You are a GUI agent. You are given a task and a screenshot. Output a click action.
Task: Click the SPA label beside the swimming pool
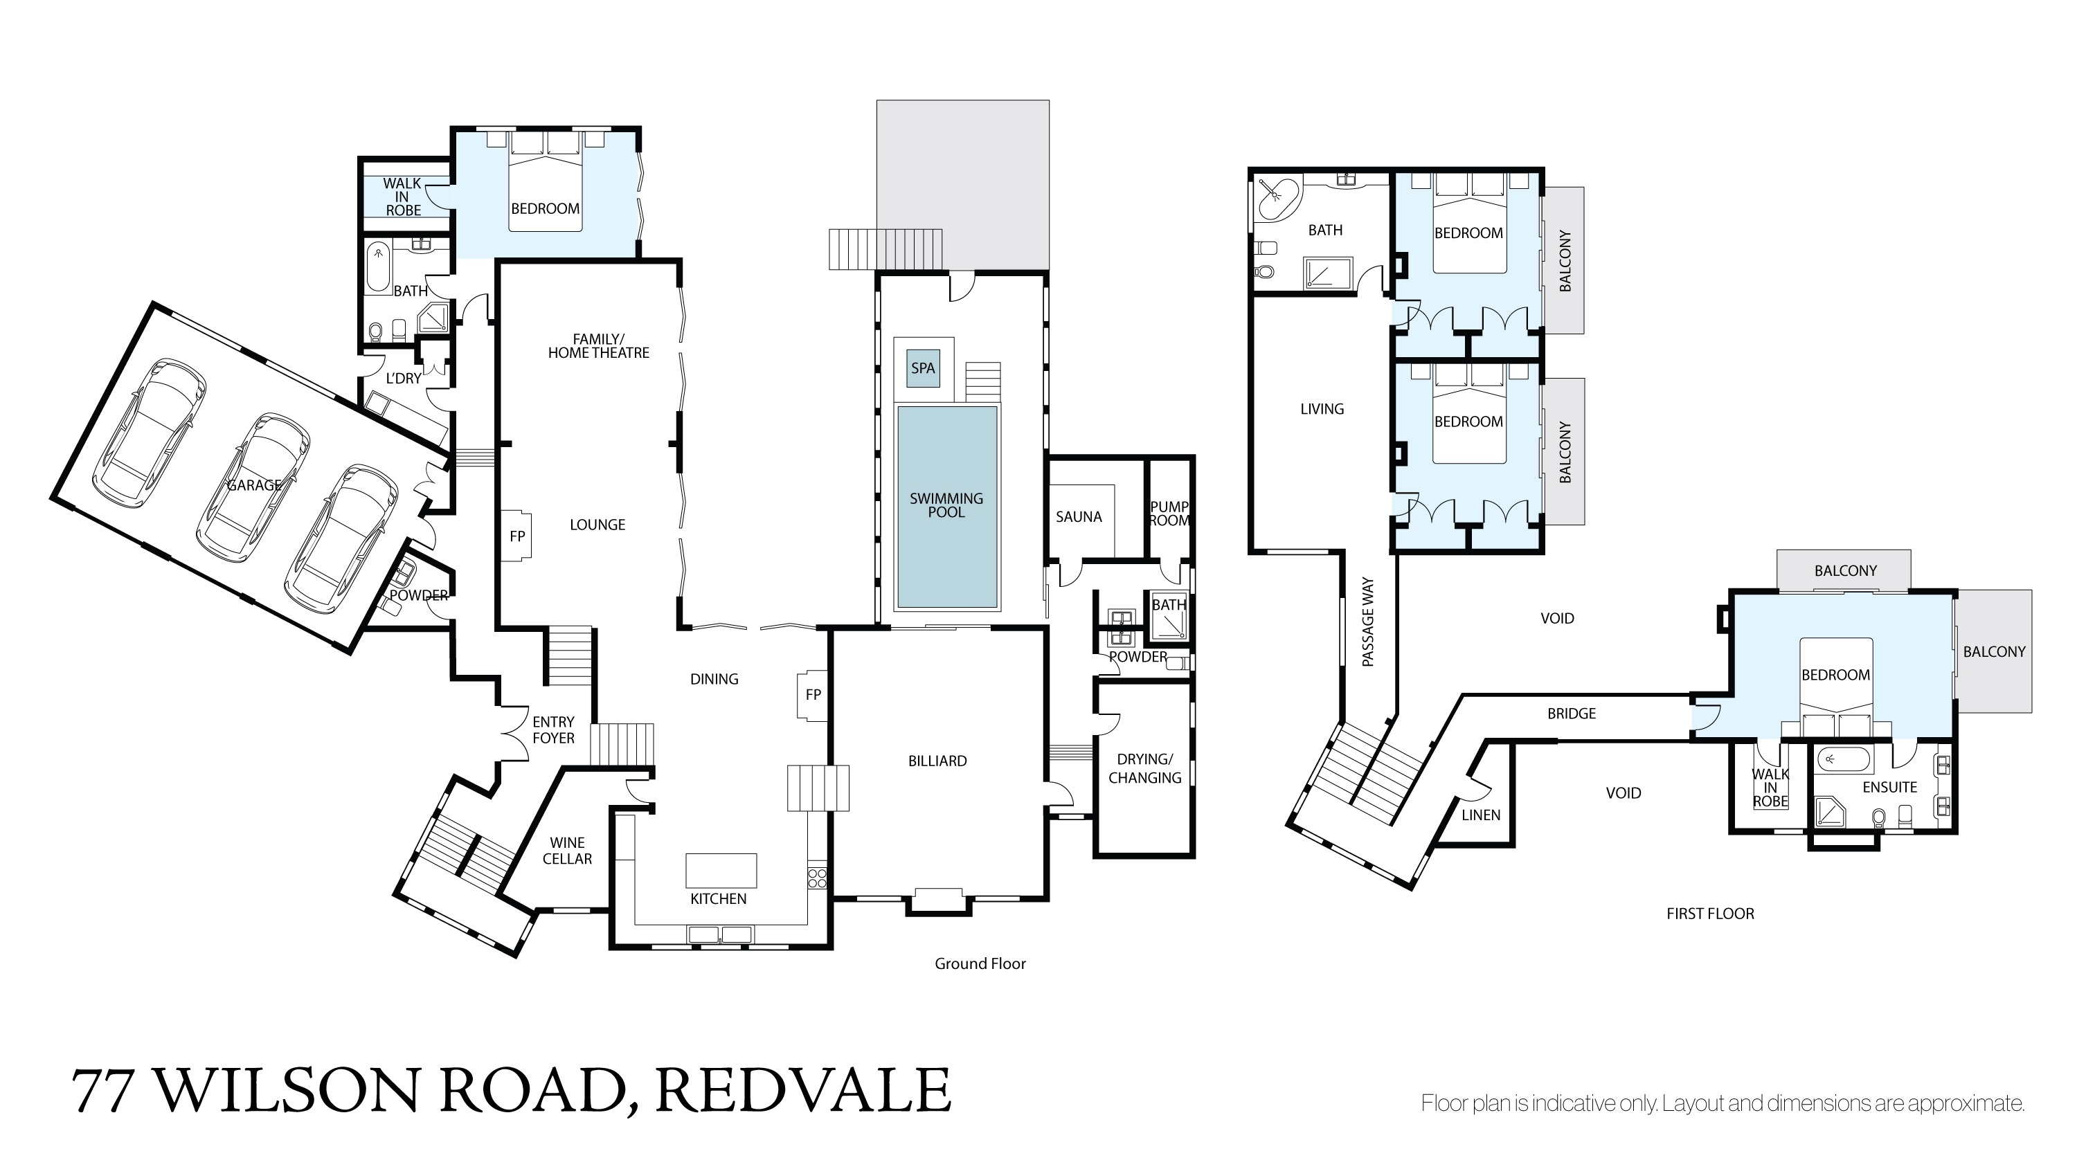point(923,368)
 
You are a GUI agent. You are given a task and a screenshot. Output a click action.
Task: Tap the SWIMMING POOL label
point(946,505)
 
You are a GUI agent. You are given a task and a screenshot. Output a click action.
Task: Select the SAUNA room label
point(1079,517)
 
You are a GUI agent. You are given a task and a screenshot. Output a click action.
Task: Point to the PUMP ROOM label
point(1170,514)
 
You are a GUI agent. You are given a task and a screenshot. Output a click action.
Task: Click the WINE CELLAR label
point(568,851)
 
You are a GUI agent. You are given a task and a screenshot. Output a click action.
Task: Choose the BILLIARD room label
point(937,761)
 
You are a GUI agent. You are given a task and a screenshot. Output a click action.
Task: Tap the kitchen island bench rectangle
point(721,871)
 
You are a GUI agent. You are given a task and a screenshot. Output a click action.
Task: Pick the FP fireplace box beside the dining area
point(813,695)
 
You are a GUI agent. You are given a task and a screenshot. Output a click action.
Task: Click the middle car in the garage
point(254,488)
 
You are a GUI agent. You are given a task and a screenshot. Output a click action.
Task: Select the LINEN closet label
point(1481,815)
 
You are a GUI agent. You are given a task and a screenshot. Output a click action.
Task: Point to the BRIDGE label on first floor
point(1572,714)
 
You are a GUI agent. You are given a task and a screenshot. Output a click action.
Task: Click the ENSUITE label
point(1890,787)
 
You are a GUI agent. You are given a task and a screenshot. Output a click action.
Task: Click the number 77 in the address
point(102,1091)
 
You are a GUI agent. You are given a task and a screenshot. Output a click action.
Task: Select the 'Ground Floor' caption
point(980,963)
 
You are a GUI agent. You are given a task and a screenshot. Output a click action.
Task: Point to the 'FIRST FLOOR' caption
point(1710,914)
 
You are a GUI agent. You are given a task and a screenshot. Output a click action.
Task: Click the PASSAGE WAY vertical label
point(1368,622)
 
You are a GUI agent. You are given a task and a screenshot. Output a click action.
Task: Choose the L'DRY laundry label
point(403,378)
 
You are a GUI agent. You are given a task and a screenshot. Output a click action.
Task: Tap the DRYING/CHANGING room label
point(1145,768)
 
